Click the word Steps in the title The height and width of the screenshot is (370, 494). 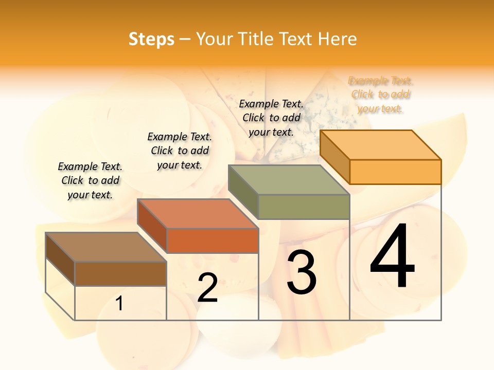click(x=151, y=39)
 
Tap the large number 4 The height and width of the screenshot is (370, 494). click(x=392, y=257)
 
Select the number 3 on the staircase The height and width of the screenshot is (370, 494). click(x=302, y=272)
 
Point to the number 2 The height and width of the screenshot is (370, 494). click(x=207, y=288)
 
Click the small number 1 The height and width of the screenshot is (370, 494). click(x=119, y=304)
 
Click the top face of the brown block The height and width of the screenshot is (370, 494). click(x=106, y=247)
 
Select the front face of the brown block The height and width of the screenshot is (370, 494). click(x=120, y=274)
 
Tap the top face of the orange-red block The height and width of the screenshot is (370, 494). click(x=198, y=214)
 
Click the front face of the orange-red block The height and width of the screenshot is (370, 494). click(x=212, y=240)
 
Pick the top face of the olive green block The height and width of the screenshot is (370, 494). click(x=289, y=180)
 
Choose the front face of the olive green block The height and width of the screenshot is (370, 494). click(x=304, y=207)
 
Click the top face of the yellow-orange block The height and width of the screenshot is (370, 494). click(x=380, y=145)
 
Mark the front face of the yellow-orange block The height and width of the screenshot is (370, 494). click(x=395, y=172)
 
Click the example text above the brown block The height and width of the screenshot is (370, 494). click(x=90, y=180)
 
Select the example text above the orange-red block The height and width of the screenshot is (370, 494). click(x=180, y=151)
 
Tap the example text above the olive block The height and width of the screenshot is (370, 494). click(x=271, y=118)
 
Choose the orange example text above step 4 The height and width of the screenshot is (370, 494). click(x=381, y=95)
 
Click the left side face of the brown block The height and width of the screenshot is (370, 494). click(x=60, y=259)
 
